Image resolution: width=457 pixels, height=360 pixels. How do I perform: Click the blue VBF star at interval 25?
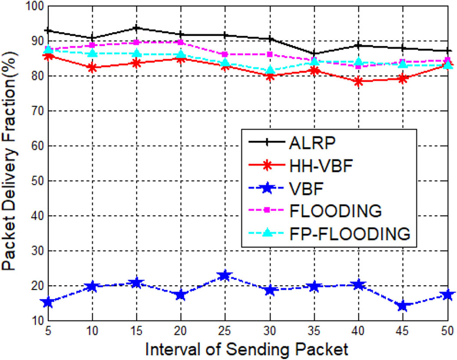225,276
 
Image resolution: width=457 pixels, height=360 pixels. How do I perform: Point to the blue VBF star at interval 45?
403,306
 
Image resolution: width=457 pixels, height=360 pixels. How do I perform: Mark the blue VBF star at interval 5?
48,302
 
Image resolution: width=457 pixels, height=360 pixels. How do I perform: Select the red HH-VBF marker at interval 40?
358,81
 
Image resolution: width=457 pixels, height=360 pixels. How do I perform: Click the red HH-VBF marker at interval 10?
92,68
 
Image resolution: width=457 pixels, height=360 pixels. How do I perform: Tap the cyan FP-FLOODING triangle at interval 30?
270,70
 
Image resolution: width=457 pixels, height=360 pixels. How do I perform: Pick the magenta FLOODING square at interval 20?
181,42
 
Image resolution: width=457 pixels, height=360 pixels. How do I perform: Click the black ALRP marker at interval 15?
136,28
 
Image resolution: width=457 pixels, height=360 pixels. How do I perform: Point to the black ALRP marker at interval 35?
314,54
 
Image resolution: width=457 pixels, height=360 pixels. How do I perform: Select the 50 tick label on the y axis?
36,181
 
